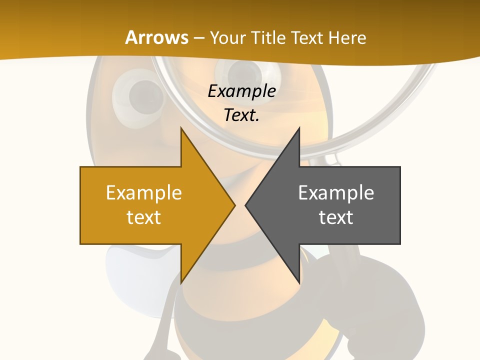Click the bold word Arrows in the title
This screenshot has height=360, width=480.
coord(156,37)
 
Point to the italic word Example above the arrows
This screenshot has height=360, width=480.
coord(241,91)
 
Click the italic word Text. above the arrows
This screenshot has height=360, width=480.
coord(241,115)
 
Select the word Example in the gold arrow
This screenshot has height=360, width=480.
coord(144,192)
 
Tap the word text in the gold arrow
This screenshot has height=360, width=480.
coord(144,217)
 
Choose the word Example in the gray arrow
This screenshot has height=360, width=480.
coord(336,192)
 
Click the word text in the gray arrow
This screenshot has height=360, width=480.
coord(336,217)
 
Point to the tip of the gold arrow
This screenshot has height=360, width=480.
coord(235,205)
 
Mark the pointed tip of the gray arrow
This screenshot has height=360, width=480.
coord(245,205)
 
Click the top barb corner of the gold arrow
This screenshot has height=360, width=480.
coord(181,128)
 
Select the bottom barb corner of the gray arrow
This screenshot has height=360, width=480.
coord(299,283)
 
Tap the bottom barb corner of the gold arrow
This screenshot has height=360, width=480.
coord(181,283)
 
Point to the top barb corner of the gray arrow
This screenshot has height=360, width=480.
coord(299,128)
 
